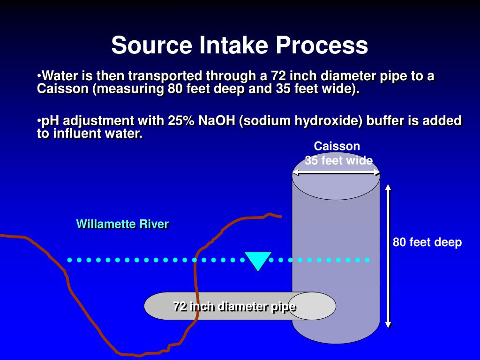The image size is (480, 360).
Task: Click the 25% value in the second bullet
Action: point(182,120)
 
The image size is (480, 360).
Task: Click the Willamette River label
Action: point(122,224)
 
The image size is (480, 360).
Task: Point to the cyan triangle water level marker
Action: point(257,260)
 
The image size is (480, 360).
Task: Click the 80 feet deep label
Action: point(427,242)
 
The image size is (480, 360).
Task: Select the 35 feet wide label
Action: point(338,161)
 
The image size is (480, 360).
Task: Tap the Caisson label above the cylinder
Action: point(337,146)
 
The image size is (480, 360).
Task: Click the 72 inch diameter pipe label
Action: point(234,307)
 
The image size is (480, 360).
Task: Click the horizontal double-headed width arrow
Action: point(336,172)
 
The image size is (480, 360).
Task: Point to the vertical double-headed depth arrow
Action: point(388,255)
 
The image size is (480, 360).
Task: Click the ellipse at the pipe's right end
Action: point(312,306)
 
